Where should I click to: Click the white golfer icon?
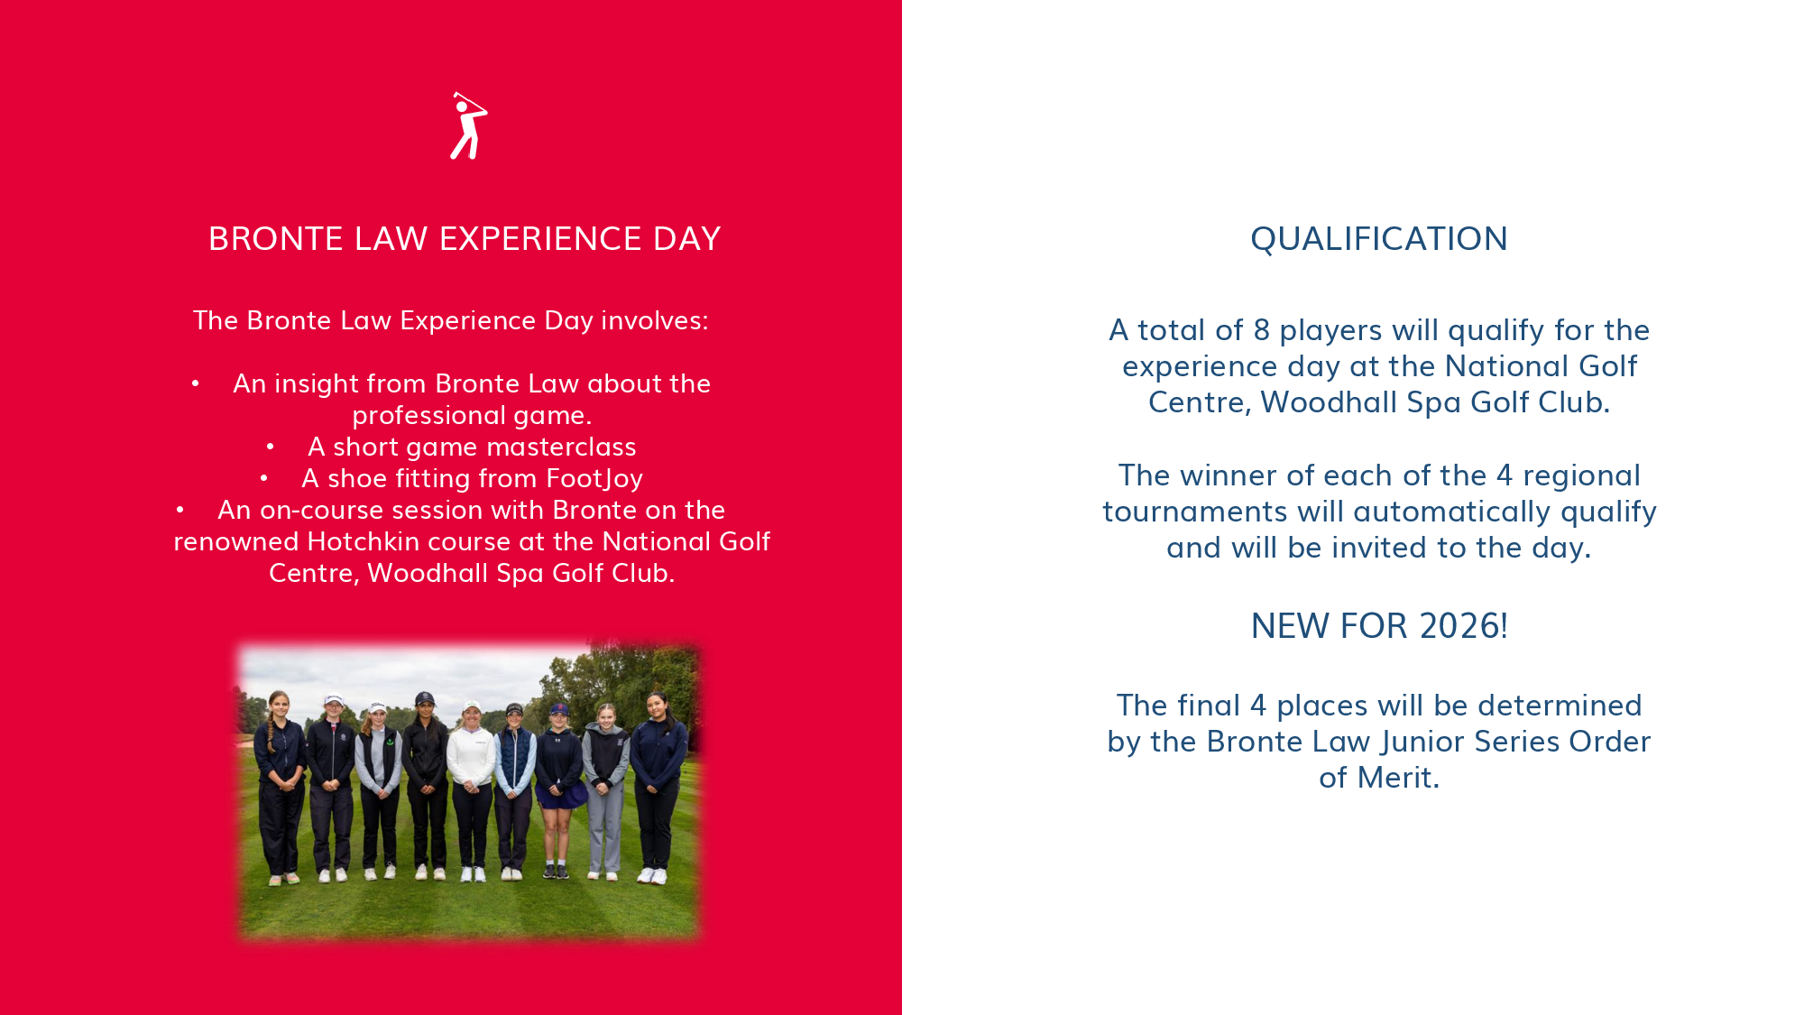(468, 126)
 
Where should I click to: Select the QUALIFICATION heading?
(1379, 239)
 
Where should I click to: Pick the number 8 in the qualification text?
(1262, 330)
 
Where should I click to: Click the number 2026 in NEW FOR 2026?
(1460, 626)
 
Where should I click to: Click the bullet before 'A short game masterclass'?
(271, 447)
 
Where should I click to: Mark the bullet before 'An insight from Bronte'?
(196, 383)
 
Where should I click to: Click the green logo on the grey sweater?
(390, 743)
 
